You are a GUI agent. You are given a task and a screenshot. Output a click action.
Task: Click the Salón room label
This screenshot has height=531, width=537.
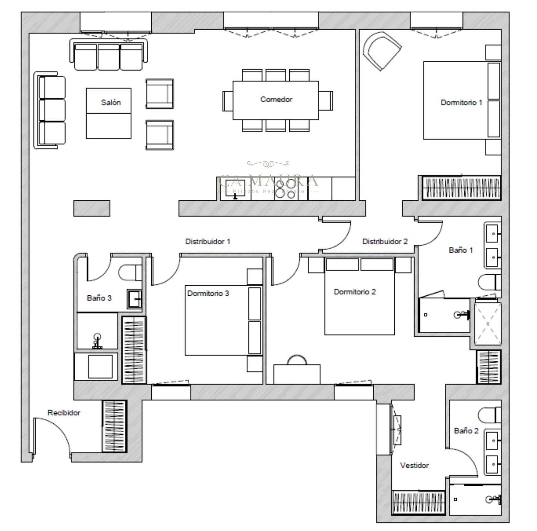[111, 102]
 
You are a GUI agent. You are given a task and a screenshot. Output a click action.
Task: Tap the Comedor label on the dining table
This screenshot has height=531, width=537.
[276, 99]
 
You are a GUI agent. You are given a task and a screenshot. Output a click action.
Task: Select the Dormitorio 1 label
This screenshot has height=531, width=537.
[461, 102]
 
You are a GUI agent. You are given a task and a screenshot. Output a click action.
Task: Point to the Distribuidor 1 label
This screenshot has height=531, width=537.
[208, 241]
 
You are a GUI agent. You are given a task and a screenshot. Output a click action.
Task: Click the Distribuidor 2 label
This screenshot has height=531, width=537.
[385, 241]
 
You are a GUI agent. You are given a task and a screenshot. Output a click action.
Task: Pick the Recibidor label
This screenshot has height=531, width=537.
[64, 413]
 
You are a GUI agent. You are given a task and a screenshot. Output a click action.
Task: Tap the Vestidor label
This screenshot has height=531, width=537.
[414, 465]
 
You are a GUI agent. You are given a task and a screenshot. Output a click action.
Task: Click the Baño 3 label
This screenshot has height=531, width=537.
[99, 298]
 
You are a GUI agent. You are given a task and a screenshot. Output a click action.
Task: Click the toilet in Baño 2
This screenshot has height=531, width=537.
[490, 416]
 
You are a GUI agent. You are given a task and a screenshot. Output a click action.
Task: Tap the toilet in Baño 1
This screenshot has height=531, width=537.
[490, 283]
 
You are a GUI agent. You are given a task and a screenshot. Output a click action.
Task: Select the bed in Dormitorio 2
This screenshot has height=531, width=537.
[359, 296]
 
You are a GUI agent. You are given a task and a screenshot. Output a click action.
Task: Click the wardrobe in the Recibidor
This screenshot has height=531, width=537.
[114, 426]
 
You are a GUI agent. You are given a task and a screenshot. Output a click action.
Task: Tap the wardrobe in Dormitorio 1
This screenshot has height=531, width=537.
[461, 188]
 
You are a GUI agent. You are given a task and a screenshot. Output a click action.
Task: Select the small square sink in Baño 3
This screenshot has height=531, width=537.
[135, 299]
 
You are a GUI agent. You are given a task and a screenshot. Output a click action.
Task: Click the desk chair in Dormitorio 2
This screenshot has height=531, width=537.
[297, 359]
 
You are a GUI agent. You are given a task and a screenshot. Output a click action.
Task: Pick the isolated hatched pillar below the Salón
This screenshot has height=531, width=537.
[92, 208]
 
